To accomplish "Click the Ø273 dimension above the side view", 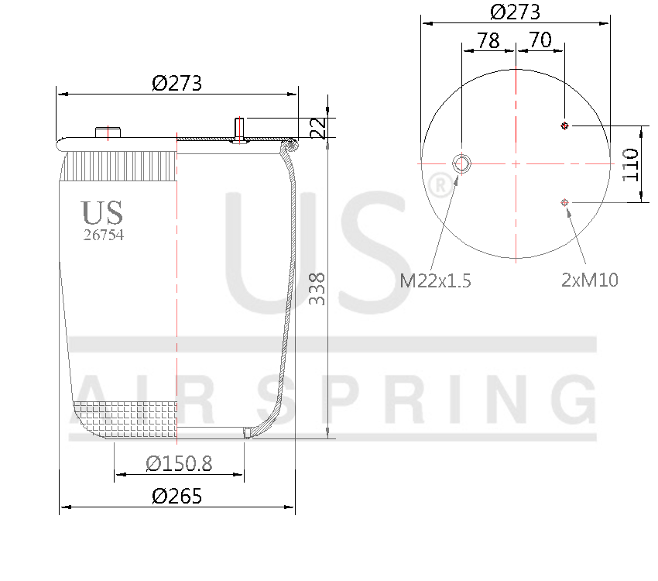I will [x=177, y=83].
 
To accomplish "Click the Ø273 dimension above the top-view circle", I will [x=515, y=12].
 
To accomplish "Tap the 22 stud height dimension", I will [x=317, y=128].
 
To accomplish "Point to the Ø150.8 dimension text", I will [x=179, y=463].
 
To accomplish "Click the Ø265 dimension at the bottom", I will [x=177, y=497].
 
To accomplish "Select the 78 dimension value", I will [x=488, y=40].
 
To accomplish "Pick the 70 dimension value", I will [x=540, y=40].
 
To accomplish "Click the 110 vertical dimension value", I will [x=631, y=163].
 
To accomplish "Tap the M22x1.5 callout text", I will [x=435, y=280].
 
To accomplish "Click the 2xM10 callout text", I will [x=590, y=280].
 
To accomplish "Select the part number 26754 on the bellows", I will [x=103, y=235].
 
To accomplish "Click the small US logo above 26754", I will [x=101, y=212].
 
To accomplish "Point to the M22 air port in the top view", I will [x=461, y=163].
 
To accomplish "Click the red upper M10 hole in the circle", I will [x=564, y=125].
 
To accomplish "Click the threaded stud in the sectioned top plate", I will [x=239, y=128].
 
